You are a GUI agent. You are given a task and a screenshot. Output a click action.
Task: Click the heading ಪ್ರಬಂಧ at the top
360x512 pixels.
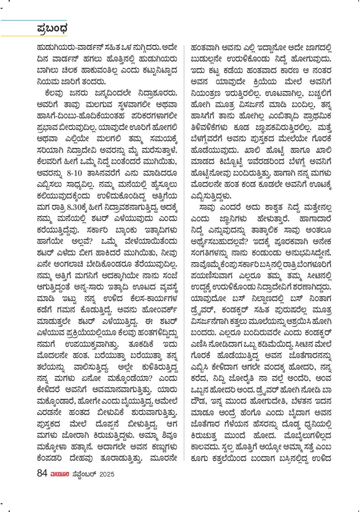coord(52,29)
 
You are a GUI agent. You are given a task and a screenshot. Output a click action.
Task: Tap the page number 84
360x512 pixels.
coord(42,473)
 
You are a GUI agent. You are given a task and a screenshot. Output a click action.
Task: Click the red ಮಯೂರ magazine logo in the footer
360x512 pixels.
coord(60,474)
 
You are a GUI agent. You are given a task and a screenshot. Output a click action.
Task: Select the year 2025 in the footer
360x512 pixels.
coord(107,474)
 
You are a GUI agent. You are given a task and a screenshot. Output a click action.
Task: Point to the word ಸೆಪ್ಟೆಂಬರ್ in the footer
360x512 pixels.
coord(84,474)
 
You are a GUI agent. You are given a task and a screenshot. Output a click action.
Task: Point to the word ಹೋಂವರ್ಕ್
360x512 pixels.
coord(160,310)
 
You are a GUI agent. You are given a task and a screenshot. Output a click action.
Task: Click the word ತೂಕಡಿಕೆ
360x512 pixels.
coord(141,344)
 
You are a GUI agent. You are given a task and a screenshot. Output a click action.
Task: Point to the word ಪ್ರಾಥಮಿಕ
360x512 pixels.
coord(317,116)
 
